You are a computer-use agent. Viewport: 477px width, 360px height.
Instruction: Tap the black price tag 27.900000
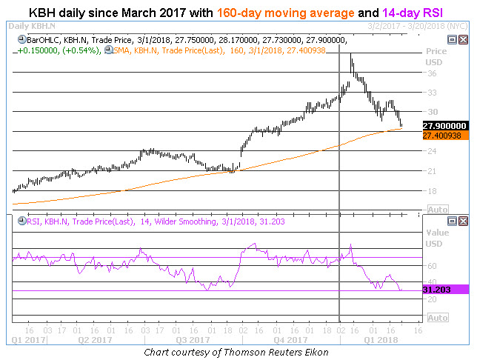click(x=445, y=125)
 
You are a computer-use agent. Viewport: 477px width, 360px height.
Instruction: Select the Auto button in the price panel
click(x=438, y=209)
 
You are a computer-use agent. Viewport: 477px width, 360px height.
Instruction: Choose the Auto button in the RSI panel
click(x=438, y=317)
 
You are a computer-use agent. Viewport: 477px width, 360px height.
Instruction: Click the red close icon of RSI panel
click(x=464, y=221)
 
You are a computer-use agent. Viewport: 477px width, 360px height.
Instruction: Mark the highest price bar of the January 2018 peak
click(x=351, y=59)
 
